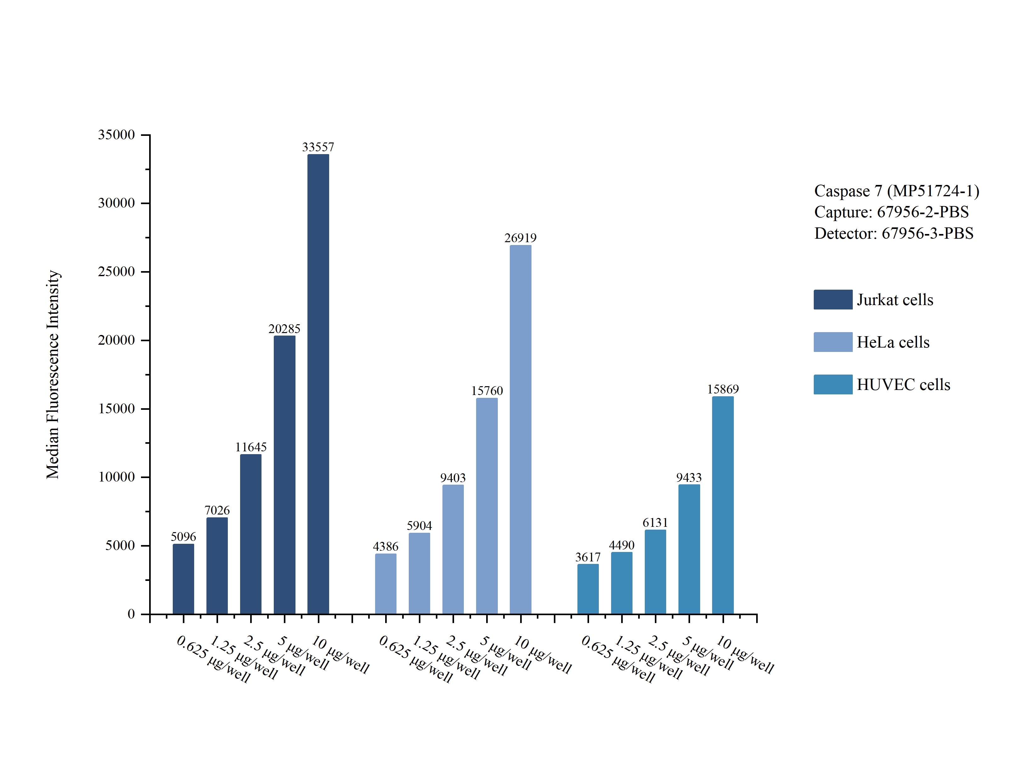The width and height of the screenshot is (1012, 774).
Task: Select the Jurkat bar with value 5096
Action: click(x=183, y=579)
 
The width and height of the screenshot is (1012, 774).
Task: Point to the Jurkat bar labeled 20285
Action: click(x=284, y=475)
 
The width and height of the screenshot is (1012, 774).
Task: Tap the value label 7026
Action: click(x=217, y=510)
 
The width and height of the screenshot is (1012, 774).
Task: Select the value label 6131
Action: click(x=655, y=522)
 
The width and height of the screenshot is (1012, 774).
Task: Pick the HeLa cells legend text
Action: click(x=893, y=342)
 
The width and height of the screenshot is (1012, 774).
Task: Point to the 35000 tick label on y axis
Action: click(x=117, y=135)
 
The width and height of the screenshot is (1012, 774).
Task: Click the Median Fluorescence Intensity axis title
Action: click(x=53, y=375)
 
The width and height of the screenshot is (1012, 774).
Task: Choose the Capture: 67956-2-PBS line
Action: click(x=891, y=212)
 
